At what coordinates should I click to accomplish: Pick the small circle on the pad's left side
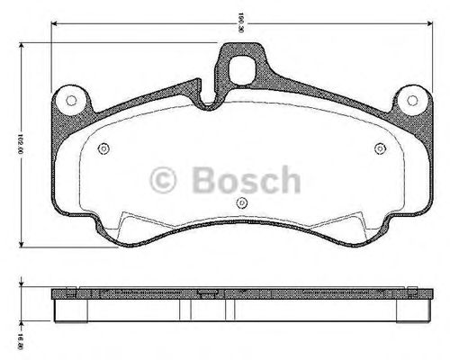[x=104, y=148]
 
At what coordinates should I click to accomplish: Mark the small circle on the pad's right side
[x=380, y=148]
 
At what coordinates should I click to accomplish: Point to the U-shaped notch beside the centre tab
[x=208, y=97]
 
